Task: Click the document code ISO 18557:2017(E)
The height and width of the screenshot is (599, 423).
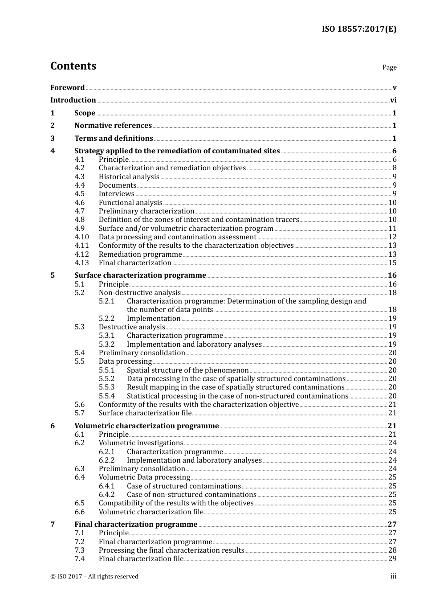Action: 359,29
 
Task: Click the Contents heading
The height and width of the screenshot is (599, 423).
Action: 73,66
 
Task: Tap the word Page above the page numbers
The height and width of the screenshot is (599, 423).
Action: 389,67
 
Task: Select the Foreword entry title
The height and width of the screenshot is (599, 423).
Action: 67,88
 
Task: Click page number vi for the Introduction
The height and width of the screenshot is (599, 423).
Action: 393,100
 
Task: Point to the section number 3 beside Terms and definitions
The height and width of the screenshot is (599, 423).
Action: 53,139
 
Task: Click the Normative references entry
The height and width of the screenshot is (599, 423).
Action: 113,126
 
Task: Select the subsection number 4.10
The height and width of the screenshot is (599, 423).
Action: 81,237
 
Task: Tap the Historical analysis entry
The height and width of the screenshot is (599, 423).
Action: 129,177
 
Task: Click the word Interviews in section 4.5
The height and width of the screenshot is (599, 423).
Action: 116,194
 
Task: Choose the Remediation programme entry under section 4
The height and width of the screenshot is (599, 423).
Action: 140,254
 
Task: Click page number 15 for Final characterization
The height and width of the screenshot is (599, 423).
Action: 392,263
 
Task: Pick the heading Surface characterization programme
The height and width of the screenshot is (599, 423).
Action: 140,275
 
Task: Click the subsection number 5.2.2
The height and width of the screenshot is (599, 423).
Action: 106,319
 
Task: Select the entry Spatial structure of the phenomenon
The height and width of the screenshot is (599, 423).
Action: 187,370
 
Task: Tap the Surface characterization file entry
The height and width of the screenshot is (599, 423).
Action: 145,413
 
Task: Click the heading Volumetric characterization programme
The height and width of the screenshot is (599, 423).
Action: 146,426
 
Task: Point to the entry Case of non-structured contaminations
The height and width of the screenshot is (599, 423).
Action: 191,495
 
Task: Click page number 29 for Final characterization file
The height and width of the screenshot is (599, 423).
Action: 392,559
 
